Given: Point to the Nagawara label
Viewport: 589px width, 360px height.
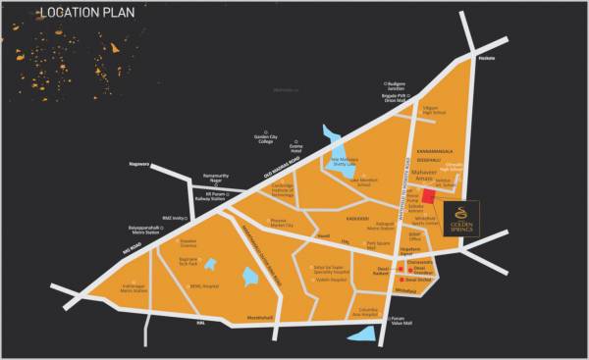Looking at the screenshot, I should coord(140,164).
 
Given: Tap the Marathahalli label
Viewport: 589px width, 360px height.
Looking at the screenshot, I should coord(242,318).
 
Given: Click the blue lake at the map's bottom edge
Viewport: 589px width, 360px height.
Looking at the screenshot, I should coord(363,334).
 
